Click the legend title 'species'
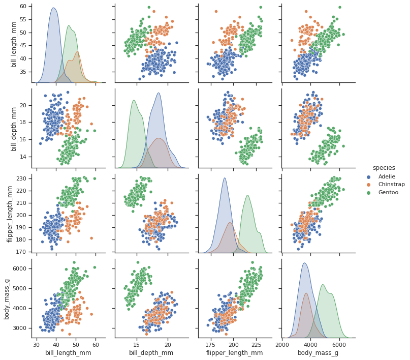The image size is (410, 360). pyautogui.click(x=384, y=168)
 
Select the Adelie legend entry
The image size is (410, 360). pyautogui.click(x=386, y=176)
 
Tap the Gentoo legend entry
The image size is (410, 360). pyautogui.click(x=388, y=193)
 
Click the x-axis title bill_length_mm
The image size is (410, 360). pyautogui.click(x=68, y=353)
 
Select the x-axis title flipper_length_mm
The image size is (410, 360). pyautogui.click(x=235, y=353)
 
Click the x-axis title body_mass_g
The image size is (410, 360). pyautogui.click(x=319, y=353)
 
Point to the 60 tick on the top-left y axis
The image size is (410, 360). pyautogui.click(x=23, y=7)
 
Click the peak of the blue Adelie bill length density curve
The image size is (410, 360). pyautogui.click(x=53, y=8)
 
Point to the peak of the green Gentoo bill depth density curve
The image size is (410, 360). pyautogui.click(x=135, y=100)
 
